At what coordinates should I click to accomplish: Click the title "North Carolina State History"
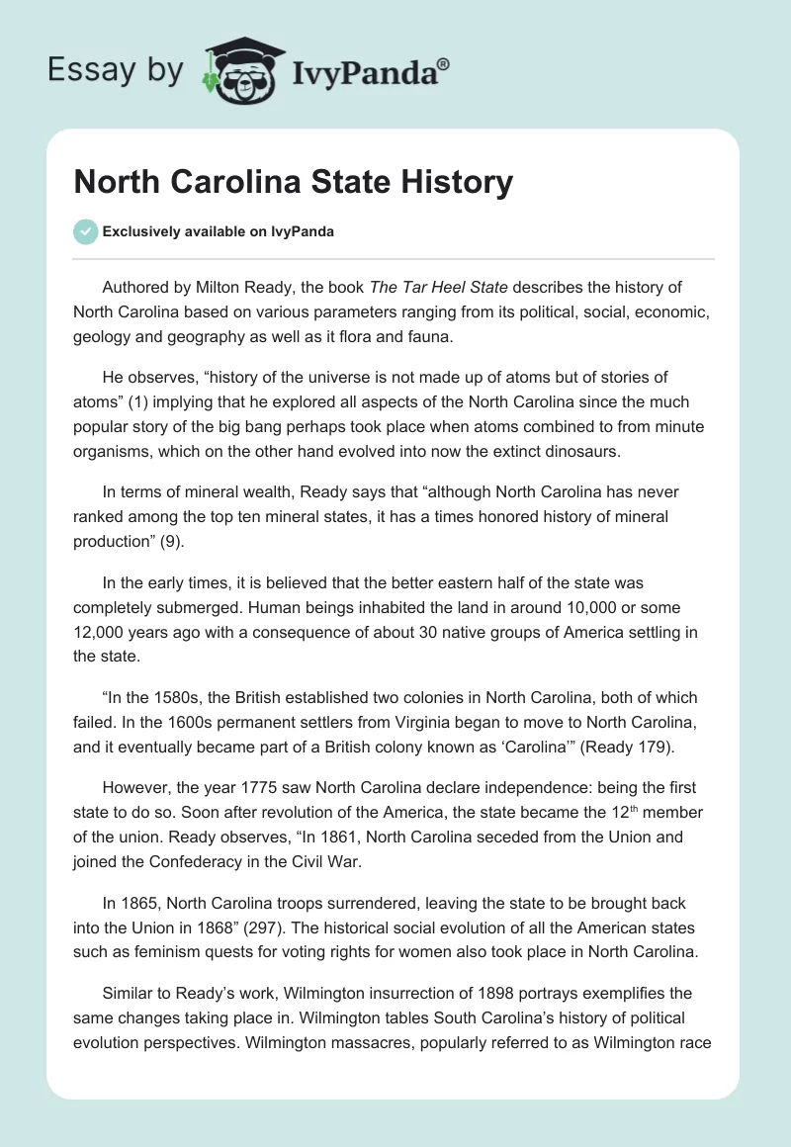293,182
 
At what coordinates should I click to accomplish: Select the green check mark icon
85,231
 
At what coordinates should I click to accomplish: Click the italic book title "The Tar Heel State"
438,288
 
